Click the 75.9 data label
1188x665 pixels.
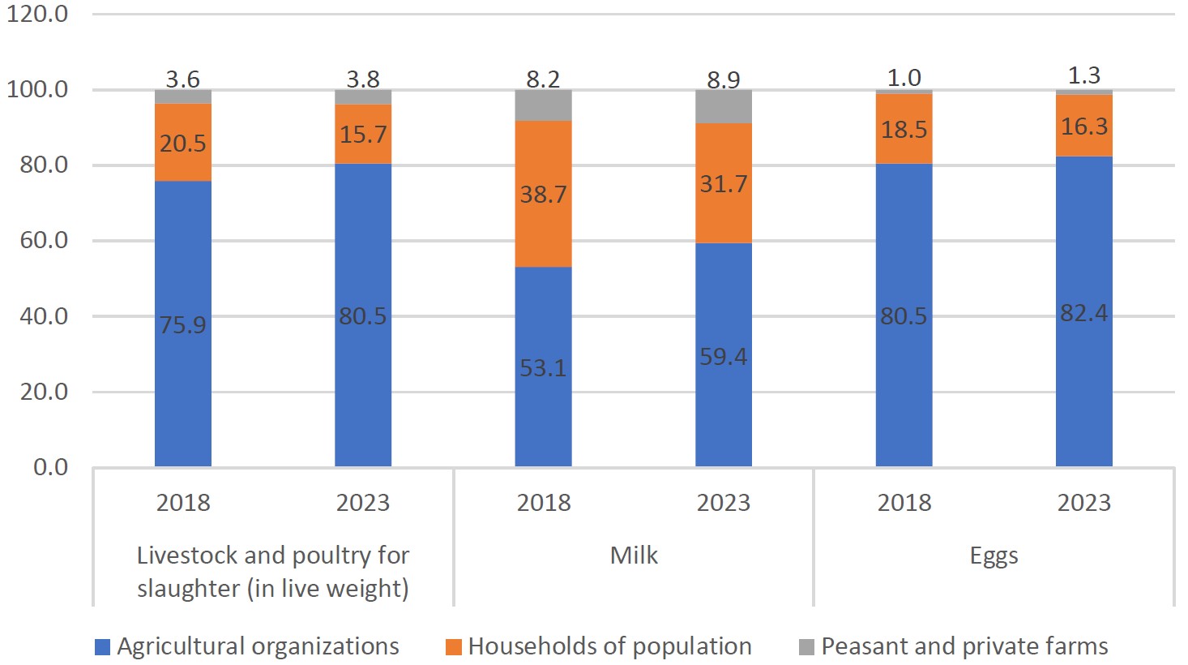pos(182,324)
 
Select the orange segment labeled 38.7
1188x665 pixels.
pos(543,194)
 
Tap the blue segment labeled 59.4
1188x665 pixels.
pos(724,354)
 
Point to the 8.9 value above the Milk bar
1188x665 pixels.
pos(724,79)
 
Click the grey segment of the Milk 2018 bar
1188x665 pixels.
pos(543,105)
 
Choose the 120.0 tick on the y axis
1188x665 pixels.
pos(37,14)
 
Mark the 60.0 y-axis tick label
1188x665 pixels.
pos(44,240)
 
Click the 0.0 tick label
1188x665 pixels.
pos(51,467)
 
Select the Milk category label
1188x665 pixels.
pos(634,556)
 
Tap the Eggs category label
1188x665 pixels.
pos(994,556)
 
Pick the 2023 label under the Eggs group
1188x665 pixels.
pos(1084,503)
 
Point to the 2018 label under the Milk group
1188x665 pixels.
pos(544,503)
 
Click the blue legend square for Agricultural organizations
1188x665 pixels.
pos(102,647)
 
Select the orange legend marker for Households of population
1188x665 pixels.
pos(454,647)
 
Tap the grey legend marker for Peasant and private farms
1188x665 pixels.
pos(806,647)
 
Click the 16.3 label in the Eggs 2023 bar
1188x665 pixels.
pos(1084,127)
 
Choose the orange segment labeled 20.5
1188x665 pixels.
pos(183,142)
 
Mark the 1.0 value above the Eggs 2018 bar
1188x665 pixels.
pos(904,78)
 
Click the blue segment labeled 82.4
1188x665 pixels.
pos(1084,311)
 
